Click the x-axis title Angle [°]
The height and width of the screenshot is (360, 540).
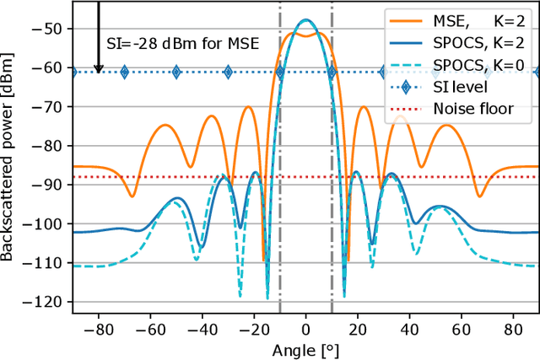[x=305, y=349]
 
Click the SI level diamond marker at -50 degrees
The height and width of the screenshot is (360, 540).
[x=176, y=73]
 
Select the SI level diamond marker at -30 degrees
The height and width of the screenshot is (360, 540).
[x=228, y=73]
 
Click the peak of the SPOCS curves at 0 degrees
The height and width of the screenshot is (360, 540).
[x=305, y=20]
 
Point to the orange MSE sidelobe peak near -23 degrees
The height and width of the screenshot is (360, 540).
[x=247, y=107]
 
